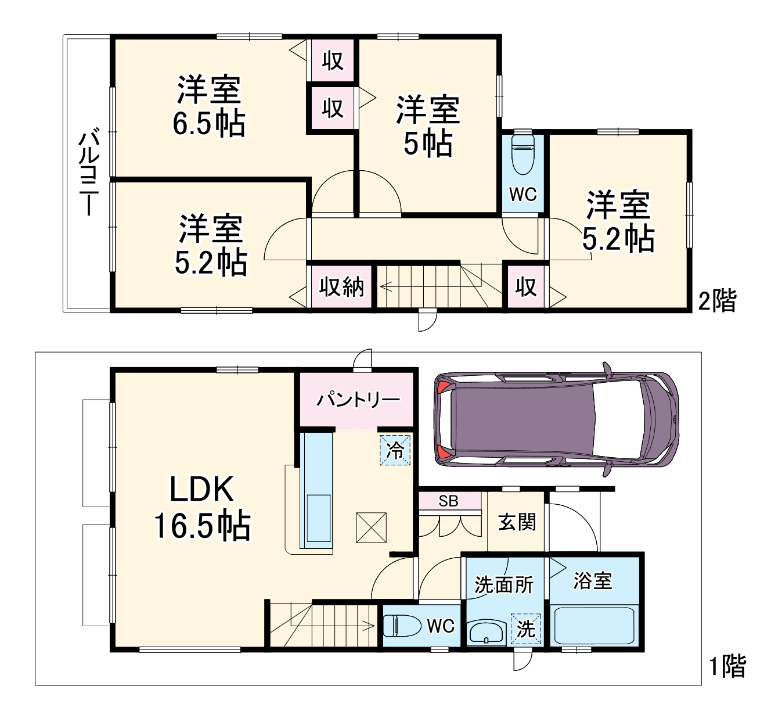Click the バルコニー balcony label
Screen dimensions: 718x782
click(x=88, y=174)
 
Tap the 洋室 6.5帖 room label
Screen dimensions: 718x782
click(x=208, y=106)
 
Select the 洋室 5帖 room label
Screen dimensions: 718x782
click(x=428, y=126)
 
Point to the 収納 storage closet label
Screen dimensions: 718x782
click(x=341, y=287)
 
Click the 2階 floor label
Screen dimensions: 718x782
click(x=716, y=301)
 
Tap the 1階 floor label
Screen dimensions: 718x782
click(x=727, y=666)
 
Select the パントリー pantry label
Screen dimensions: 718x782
click(x=358, y=400)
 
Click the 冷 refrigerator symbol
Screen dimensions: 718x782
click(x=395, y=450)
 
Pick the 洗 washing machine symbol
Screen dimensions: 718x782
click(x=525, y=629)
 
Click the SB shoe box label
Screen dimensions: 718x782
click(x=448, y=501)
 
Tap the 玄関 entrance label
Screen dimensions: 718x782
click(x=517, y=522)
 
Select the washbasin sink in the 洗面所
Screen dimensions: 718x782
click(x=487, y=632)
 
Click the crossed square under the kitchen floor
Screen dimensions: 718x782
click(x=371, y=527)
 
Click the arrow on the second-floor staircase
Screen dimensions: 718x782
click(x=386, y=286)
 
